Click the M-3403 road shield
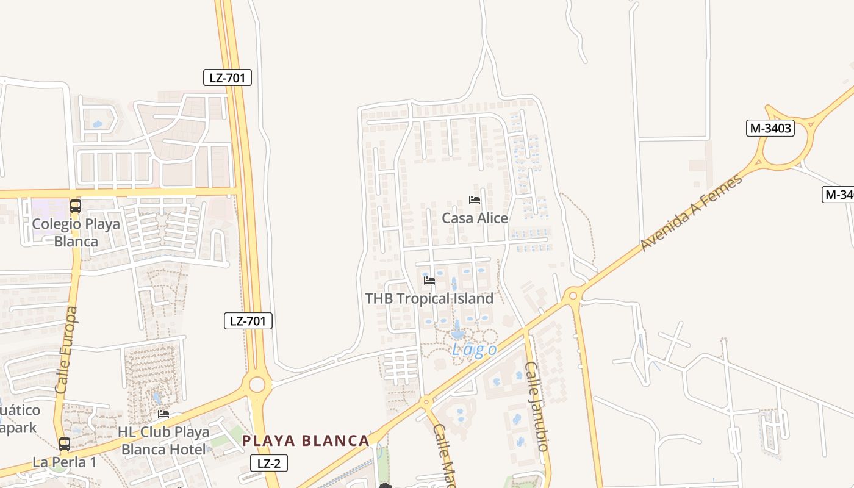770,128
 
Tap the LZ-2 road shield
268,463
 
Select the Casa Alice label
475,218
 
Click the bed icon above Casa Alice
475,200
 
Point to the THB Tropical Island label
429,298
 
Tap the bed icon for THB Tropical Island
429,281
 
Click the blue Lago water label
474,350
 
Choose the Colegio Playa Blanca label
76,232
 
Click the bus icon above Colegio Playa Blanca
76,206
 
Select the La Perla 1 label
65,462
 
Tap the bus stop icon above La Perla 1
65,444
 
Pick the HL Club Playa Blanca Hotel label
163,440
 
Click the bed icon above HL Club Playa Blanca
163,414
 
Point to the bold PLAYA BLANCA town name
306,440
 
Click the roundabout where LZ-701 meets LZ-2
257,385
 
